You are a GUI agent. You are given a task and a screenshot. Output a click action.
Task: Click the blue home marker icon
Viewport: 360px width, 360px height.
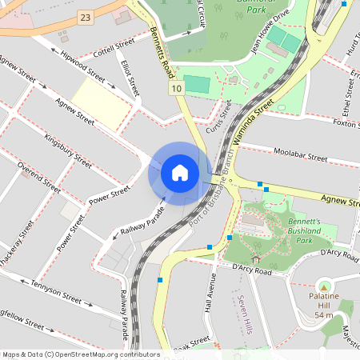(180, 173)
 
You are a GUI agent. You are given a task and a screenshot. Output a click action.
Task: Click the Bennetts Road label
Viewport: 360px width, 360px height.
(162, 53)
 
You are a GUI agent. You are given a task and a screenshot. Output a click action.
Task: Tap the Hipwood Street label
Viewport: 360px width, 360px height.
(82, 70)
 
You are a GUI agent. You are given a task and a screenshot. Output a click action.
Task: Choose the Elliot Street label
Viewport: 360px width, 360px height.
(129, 76)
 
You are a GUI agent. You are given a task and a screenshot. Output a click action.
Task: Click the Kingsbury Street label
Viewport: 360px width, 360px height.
(68, 149)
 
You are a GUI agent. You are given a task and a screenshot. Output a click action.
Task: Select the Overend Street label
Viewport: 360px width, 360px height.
(39, 179)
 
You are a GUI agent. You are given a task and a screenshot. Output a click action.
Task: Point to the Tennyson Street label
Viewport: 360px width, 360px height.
(56, 292)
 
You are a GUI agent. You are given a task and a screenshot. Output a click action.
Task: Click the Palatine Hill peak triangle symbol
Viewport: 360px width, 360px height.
(324, 286)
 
